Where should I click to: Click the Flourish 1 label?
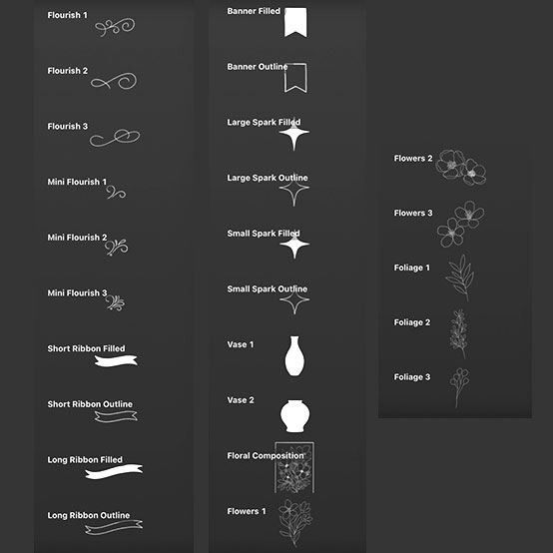coord(67,15)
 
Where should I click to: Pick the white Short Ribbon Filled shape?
coord(116,360)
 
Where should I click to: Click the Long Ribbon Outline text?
coord(89,515)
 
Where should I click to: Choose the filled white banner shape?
coord(295,22)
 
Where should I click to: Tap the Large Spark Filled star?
coord(294,133)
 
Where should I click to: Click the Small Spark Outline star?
coord(294,300)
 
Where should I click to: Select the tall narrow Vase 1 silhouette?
coord(294,356)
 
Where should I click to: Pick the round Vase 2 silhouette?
coord(295,416)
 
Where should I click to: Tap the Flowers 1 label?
coord(247,511)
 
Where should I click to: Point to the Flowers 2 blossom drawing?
coord(460,168)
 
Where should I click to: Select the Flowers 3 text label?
coord(413,213)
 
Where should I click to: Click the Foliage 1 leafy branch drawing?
coord(460,278)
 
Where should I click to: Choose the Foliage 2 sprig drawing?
coord(459,333)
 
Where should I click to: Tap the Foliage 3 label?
coord(412,377)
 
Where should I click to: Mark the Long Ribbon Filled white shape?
coord(114,471)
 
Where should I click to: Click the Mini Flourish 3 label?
coord(77,293)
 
